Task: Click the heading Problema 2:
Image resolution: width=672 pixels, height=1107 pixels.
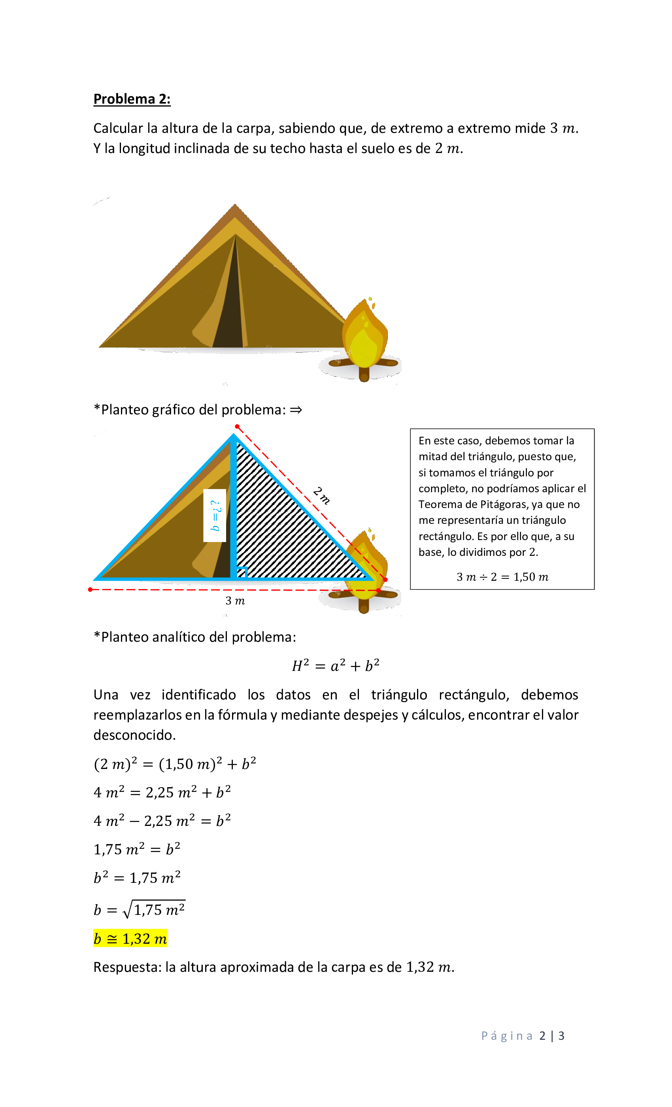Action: pos(132,99)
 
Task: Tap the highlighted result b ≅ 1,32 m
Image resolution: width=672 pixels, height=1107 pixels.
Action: pos(130,939)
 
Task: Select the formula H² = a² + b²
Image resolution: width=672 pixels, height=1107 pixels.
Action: pos(336,665)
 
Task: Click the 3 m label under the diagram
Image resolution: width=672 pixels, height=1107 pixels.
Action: pos(235,601)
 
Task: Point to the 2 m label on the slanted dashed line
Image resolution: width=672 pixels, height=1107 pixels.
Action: pos(322,495)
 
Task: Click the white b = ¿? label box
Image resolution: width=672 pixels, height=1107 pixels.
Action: pos(215,515)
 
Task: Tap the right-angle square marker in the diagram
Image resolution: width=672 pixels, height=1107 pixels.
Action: pos(242,572)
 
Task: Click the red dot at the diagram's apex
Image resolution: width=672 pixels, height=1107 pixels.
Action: pos(237,426)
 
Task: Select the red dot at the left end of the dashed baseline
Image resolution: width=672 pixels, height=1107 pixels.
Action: pos(90,589)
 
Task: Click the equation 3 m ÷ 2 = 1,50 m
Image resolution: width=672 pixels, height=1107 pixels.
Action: pos(502,577)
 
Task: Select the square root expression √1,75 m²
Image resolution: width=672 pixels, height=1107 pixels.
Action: pos(155,909)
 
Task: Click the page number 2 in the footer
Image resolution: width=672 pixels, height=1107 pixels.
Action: pos(542,1036)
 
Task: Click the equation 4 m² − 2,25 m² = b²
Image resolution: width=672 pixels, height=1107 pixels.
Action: pos(162,821)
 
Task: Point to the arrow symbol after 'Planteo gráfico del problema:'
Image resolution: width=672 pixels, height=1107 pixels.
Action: pos(296,410)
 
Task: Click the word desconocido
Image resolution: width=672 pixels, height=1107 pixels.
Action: pos(134,735)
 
